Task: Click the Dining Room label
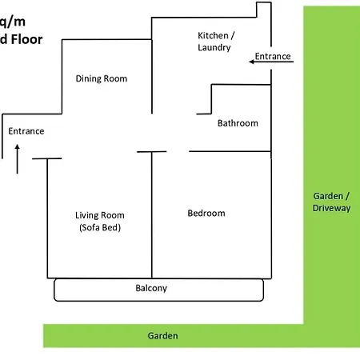point(102,78)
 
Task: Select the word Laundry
point(214,48)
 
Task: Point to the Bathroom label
point(238,123)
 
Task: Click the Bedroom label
point(206,214)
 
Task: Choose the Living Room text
point(100,215)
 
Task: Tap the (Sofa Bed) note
point(100,228)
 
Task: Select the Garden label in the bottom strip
point(163,336)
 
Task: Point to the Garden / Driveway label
point(331,202)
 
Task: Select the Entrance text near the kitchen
point(273,57)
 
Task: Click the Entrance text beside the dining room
point(26,131)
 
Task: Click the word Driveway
point(331,208)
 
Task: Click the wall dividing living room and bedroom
point(152,216)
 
